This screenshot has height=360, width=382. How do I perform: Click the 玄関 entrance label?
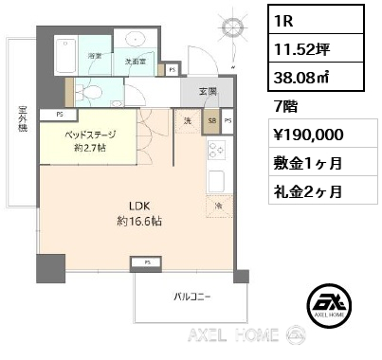(208, 92)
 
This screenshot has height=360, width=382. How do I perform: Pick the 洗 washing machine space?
(188, 123)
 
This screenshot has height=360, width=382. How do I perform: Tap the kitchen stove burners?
(214, 151)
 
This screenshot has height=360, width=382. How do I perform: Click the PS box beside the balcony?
(147, 261)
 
